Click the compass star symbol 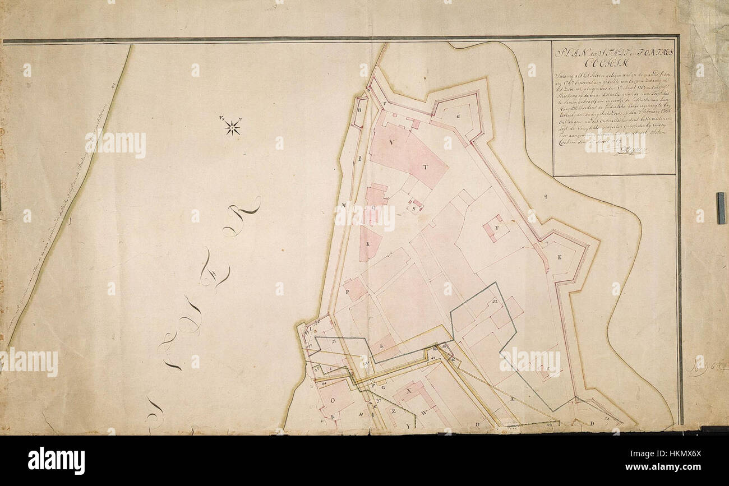coord(232,127)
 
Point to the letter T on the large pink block coord(425,166)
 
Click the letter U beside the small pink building coord(497,227)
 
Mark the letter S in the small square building coord(415,209)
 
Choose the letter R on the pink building coord(368,244)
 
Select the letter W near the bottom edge coord(425,412)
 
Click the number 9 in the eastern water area coord(545,197)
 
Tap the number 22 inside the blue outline coord(495,302)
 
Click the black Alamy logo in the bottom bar coord(56,461)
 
